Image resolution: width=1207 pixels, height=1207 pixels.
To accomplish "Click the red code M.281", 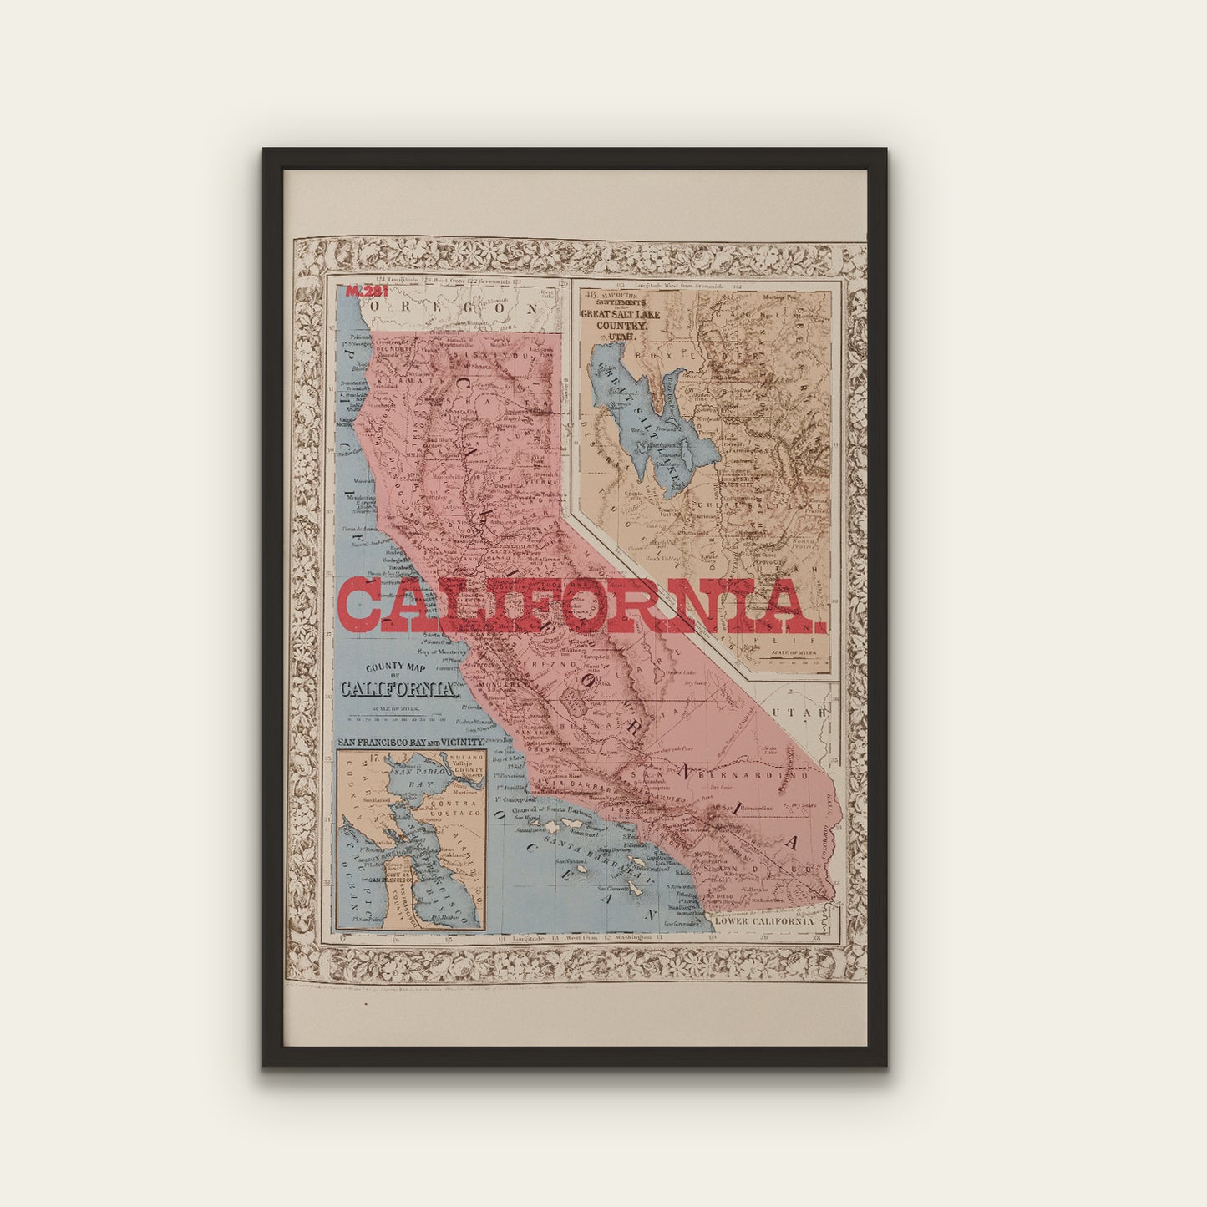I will tap(367, 292).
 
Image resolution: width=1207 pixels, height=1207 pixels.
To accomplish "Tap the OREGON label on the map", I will tap(454, 308).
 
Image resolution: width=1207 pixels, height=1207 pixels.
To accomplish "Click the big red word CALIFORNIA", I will tap(581, 606).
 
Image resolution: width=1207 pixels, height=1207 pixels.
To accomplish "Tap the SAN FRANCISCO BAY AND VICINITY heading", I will tap(410, 742).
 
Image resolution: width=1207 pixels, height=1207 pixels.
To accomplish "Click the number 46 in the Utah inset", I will tap(591, 295).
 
